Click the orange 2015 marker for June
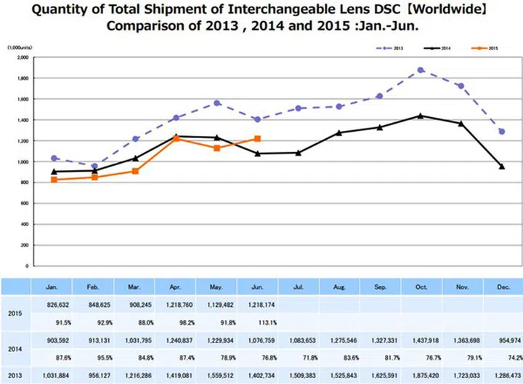coord(257,138)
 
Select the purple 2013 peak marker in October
coord(421,71)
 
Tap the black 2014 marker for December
coord(501,167)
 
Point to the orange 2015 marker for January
coord(54,179)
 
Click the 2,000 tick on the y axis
coord(22,57)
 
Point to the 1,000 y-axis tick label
coord(22,161)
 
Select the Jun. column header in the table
coord(257,287)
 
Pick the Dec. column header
coord(501,287)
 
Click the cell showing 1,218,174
coord(257,305)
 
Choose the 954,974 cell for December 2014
coord(501,341)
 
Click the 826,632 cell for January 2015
coord(54,305)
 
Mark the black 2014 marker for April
coord(176,136)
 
